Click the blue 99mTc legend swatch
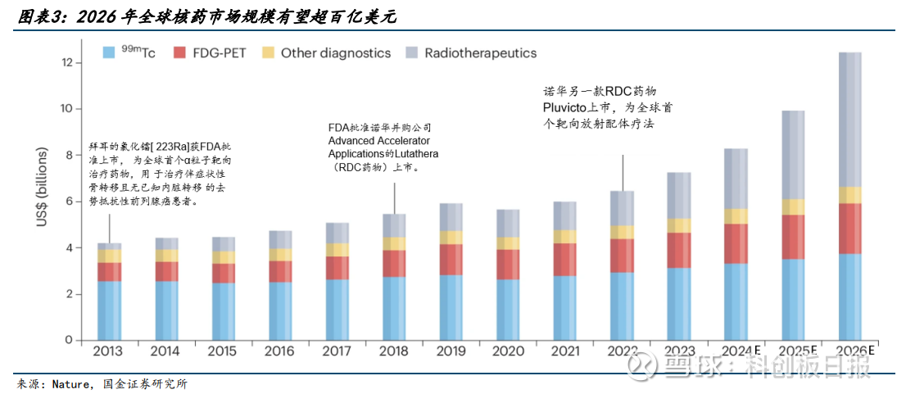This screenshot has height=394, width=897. pyautogui.click(x=107, y=52)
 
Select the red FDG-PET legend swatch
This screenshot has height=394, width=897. pyautogui.click(x=179, y=52)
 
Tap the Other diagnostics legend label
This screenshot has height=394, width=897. pyautogui.click(x=336, y=52)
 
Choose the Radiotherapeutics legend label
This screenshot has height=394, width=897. pyautogui.click(x=481, y=52)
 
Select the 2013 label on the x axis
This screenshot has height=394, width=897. pyautogui.click(x=109, y=351)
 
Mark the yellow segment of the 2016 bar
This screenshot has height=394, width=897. pyautogui.click(x=279, y=255)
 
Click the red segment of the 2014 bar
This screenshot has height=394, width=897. pyautogui.click(x=166, y=271)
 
